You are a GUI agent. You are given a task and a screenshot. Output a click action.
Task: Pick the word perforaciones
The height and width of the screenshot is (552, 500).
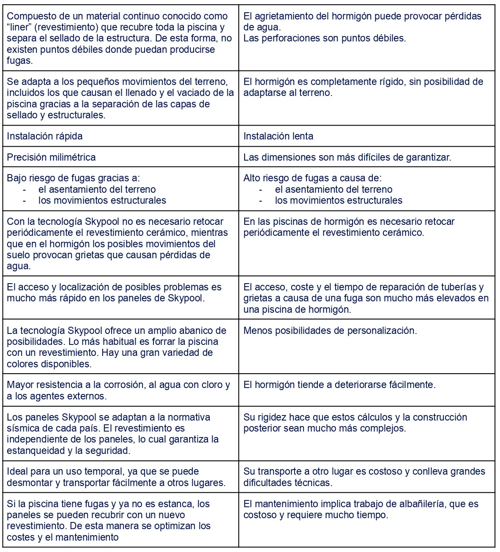(287, 38)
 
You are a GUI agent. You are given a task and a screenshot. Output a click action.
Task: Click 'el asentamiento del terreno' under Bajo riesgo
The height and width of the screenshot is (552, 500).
(97, 189)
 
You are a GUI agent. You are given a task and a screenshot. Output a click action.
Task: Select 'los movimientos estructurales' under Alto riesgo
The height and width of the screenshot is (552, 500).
(339, 200)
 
